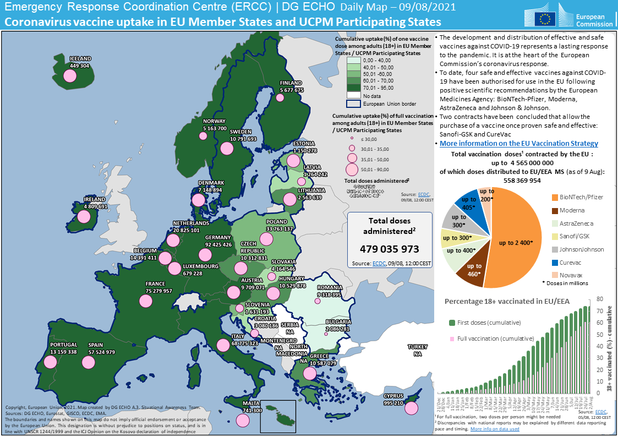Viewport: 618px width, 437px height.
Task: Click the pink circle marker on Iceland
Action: [69, 75]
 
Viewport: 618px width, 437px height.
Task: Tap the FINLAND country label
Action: [291, 83]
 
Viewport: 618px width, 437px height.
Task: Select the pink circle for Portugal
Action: [50, 362]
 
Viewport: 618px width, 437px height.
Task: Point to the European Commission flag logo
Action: [546, 18]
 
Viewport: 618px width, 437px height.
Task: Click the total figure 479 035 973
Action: [390, 249]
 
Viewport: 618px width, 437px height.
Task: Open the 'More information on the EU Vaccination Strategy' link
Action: [519, 143]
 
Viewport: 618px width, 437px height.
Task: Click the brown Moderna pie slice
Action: [471, 270]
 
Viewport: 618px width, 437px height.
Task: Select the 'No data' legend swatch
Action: [353, 95]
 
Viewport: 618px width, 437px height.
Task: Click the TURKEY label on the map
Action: [417, 347]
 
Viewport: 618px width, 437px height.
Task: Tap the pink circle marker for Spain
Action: [88, 362]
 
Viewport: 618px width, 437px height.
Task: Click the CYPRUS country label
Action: [393, 396]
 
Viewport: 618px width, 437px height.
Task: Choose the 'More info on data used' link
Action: [494, 429]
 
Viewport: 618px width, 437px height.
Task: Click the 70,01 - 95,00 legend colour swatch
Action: [353, 86]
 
